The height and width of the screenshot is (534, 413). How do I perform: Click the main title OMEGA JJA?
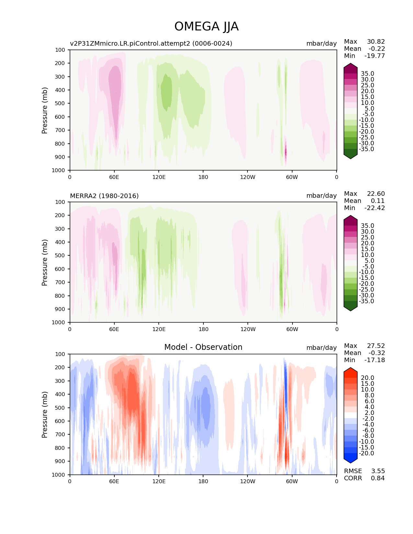pyautogui.click(x=206, y=27)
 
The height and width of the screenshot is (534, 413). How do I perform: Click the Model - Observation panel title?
pyautogui.click(x=203, y=347)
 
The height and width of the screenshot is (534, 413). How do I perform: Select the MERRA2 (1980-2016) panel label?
pyautogui.click(x=104, y=196)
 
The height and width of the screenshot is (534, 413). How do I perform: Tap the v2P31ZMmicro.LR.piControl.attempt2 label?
pyautogui.click(x=151, y=43)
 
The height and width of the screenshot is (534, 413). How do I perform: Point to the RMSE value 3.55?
pyautogui.click(x=378, y=471)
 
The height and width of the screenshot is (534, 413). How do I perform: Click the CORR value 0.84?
pyautogui.click(x=378, y=478)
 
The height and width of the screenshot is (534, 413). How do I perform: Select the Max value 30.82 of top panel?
pyautogui.click(x=376, y=41)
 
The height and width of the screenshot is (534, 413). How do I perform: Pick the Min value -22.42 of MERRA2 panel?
pyautogui.click(x=374, y=208)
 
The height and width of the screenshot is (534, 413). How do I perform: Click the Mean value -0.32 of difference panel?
pyautogui.click(x=376, y=353)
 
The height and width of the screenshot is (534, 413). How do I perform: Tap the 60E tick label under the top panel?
pyautogui.click(x=114, y=177)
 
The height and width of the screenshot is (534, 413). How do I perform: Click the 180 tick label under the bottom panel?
pyautogui.click(x=203, y=481)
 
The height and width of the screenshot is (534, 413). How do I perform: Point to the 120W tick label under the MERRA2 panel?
pyautogui.click(x=248, y=329)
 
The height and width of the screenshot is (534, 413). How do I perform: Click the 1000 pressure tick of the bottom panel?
pyautogui.click(x=58, y=474)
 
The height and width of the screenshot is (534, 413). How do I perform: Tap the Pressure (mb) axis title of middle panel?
pyautogui.click(x=45, y=262)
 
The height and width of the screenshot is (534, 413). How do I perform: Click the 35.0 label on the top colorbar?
pyautogui.click(x=367, y=74)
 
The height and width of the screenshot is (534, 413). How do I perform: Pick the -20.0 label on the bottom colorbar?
pyautogui.click(x=366, y=453)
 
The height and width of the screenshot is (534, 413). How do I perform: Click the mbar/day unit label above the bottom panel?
pyautogui.click(x=321, y=348)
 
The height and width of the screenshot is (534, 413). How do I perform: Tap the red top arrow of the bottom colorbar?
pyautogui.click(x=350, y=371)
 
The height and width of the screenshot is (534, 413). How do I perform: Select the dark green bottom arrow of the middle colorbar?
pyautogui.click(x=350, y=307)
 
